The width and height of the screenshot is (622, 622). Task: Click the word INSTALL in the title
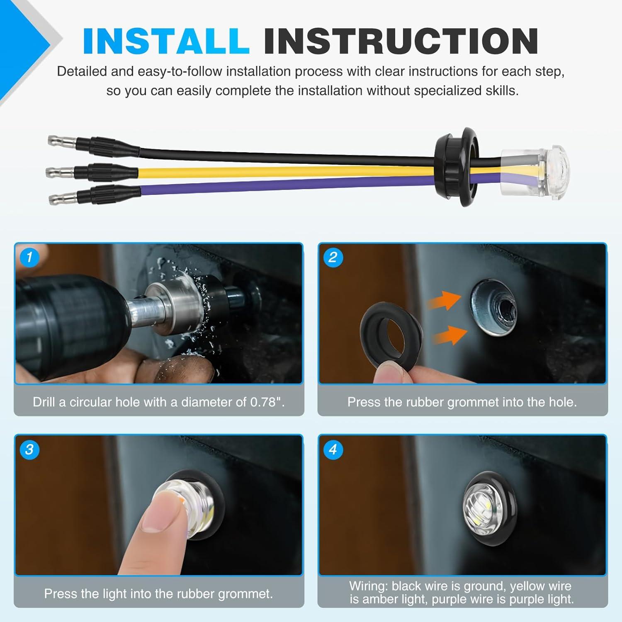[166, 41]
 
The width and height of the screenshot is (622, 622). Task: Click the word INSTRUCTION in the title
[401, 41]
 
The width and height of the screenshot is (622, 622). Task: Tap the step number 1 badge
[29, 257]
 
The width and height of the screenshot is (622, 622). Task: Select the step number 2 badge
[333, 257]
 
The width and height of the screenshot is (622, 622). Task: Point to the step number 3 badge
[29, 449]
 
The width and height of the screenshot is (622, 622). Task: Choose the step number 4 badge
[333, 449]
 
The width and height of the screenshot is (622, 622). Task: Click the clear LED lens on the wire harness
[535, 170]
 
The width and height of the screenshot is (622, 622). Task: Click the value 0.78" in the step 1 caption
[267, 402]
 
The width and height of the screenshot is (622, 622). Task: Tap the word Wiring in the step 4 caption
[368, 586]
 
